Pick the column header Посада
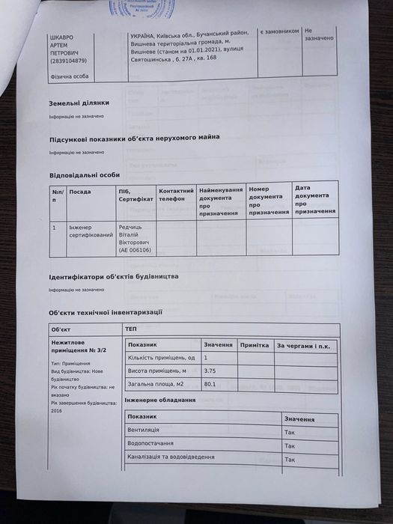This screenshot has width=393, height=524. click(x=80, y=191)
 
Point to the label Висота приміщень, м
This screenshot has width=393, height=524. click(x=156, y=371)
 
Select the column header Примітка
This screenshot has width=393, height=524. click(x=255, y=345)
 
